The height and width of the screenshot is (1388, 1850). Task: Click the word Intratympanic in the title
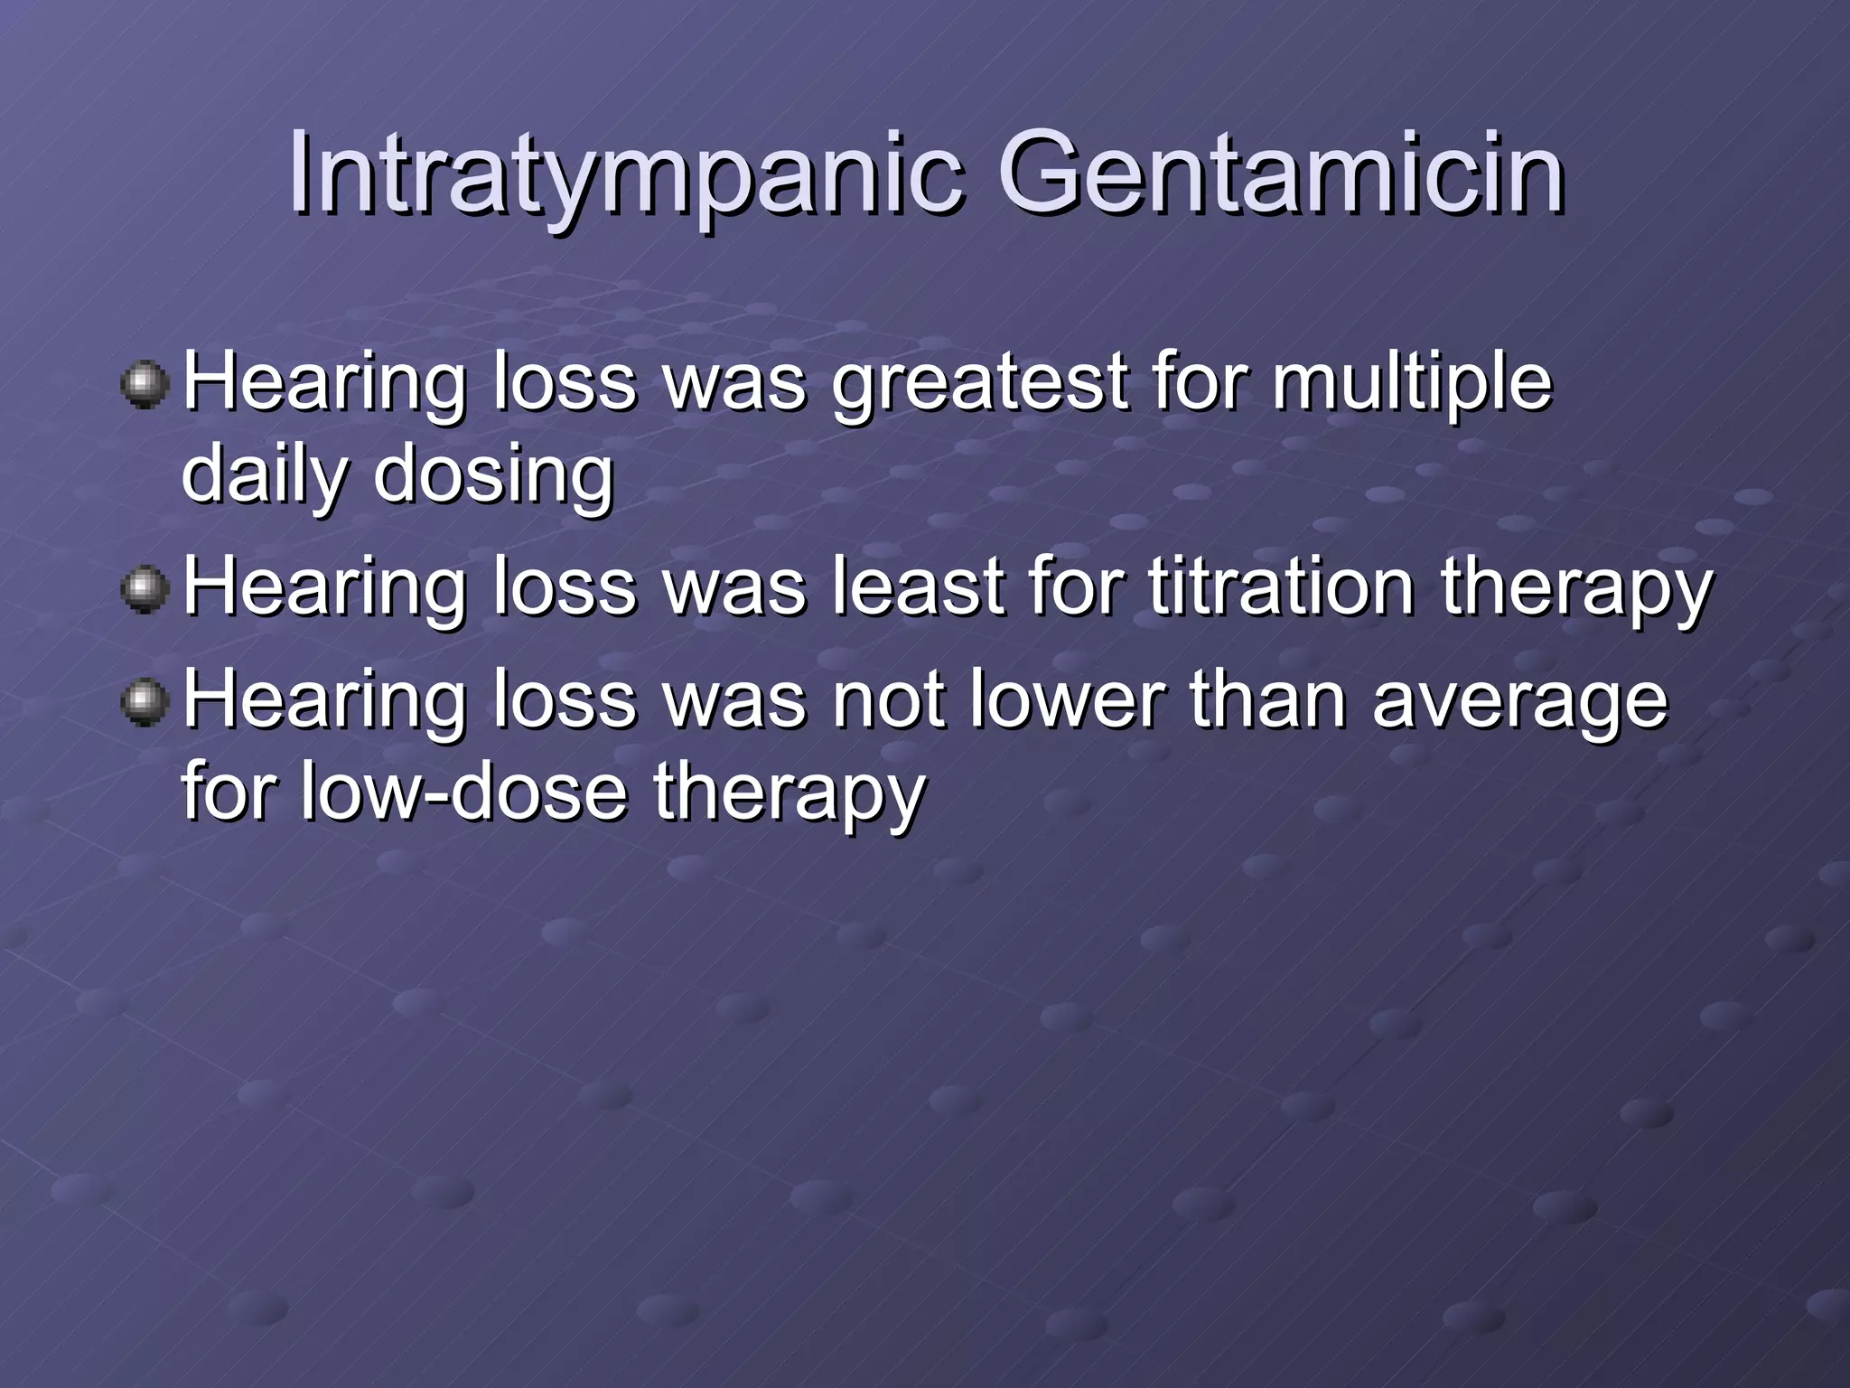tap(623, 176)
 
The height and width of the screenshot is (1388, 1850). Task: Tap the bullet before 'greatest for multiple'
tap(145, 386)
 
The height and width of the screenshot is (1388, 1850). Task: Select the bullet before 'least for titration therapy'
tap(145, 590)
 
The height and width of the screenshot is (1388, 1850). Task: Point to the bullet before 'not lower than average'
tap(145, 703)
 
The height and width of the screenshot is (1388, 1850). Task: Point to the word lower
tap(1067, 701)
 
